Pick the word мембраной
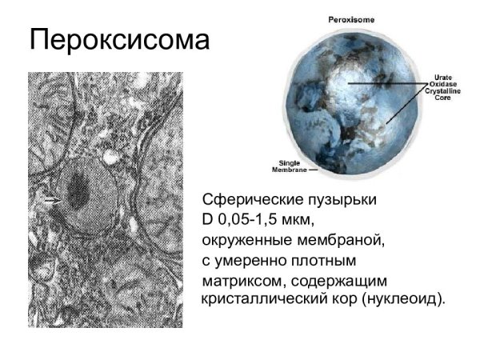tap(335, 239)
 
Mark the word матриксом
tap(239, 281)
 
